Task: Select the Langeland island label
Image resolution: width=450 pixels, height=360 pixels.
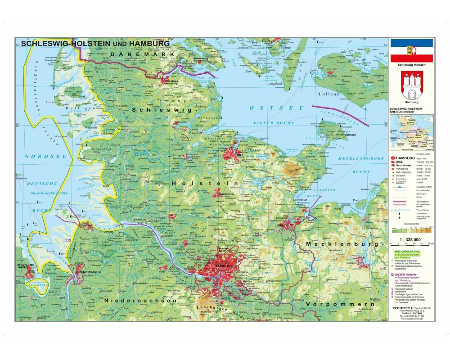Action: pos(274,84)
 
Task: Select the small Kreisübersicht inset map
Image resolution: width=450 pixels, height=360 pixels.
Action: pos(411,133)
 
